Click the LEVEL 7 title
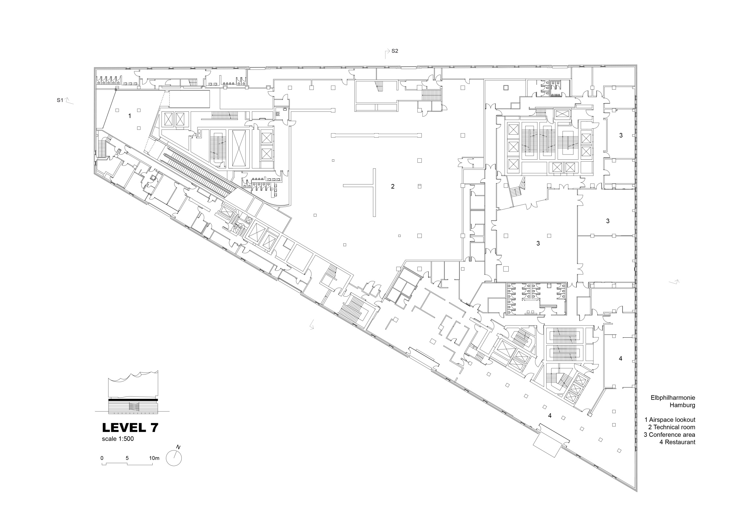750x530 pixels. [130, 428]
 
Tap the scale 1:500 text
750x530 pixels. [118, 439]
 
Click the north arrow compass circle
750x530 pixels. [174, 458]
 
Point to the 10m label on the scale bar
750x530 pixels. [154, 458]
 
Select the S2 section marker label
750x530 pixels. [395, 51]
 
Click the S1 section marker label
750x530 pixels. [60, 100]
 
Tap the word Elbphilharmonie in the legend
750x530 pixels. [673, 398]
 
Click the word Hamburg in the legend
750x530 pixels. [682, 405]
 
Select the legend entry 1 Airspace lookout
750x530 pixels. [670, 420]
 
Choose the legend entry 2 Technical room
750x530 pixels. [672, 427]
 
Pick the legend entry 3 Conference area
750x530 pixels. [669, 434]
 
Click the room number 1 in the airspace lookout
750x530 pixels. [130, 116]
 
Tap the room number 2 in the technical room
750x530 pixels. [393, 186]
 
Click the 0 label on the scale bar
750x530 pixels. [102, 458]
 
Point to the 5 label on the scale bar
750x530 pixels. [127, 458]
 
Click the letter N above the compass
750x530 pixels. [178, 447]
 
